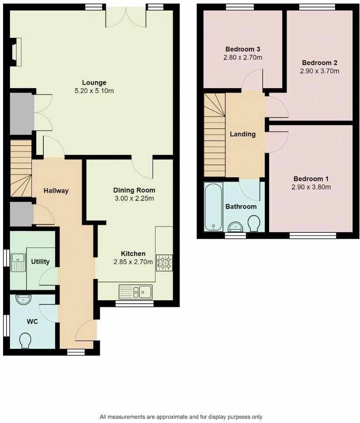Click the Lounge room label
[94, 83]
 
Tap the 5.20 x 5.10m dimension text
[94, 91]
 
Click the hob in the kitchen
[164, 262]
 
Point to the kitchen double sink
[135, 291]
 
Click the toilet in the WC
[25, 340]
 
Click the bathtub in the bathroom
[213, 206]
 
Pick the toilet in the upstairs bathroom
[253, 224]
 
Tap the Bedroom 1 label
[311, 179]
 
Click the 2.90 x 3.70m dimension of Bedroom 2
[319, 71]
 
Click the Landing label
[242, 134]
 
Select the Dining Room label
[134, 190]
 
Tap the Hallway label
[56, 190]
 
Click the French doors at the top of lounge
[126, 17]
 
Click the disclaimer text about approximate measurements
[181, 416]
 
